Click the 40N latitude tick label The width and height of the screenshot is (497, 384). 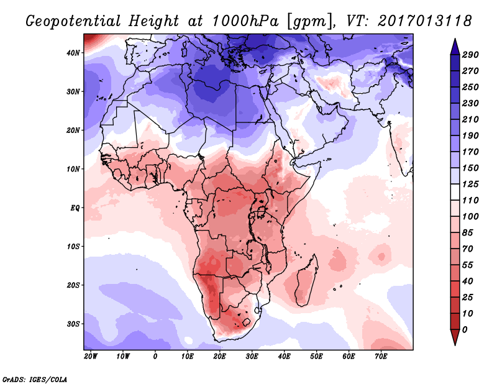(x=73, y=53)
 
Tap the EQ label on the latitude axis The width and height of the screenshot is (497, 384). (x=75, y=208)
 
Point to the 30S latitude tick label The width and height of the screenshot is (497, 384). (x=73, y=324)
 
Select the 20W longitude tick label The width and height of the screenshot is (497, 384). (x=91, y=357)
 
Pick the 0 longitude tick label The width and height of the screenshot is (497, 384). (x=155, y=357)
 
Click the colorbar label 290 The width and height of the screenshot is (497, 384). (x=470, y=55)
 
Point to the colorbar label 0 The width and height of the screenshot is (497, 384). (x=465, y=329)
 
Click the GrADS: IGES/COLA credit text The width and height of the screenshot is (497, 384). (x=35, y=378)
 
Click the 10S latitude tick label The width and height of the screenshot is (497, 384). (x=73, y=247)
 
